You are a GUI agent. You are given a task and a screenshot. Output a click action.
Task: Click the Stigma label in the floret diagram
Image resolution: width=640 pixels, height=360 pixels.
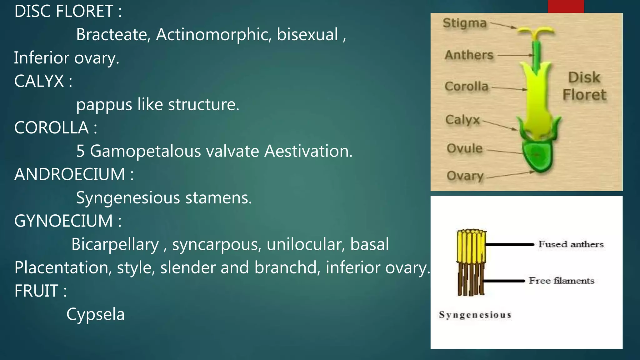click(465, 23)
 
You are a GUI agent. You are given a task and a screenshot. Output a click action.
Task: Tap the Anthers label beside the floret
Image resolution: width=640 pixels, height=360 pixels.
click(469, 55)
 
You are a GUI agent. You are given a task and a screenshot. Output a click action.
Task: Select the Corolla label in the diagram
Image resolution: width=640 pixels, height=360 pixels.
click(466, 86)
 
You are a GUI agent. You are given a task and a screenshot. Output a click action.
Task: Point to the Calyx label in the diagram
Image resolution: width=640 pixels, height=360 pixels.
click(462, 120)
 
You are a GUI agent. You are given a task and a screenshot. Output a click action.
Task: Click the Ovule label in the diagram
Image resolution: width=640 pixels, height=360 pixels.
click(464, 148)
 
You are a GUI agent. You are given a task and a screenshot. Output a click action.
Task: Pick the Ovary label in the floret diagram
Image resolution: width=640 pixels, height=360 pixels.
click(465, 176)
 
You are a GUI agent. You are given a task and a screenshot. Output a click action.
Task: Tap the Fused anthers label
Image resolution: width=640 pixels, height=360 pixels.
click(571, 244)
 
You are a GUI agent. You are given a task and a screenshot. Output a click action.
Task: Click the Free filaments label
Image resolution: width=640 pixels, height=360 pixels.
click(561, 281)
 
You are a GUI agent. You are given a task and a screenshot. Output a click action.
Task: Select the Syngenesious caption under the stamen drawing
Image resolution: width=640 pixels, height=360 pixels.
click(475, 315)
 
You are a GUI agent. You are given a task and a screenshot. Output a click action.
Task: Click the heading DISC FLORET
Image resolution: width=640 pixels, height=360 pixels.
click(64, 11)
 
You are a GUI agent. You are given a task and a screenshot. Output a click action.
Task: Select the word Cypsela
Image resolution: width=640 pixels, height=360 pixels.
click(95, 314)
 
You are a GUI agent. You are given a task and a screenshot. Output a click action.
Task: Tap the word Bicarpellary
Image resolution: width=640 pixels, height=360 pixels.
click(115, 244)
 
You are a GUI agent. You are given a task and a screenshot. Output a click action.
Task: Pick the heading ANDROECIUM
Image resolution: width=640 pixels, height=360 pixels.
click(70, 174)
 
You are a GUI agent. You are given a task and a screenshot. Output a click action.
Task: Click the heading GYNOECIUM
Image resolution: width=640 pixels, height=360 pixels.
click(63, 221)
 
